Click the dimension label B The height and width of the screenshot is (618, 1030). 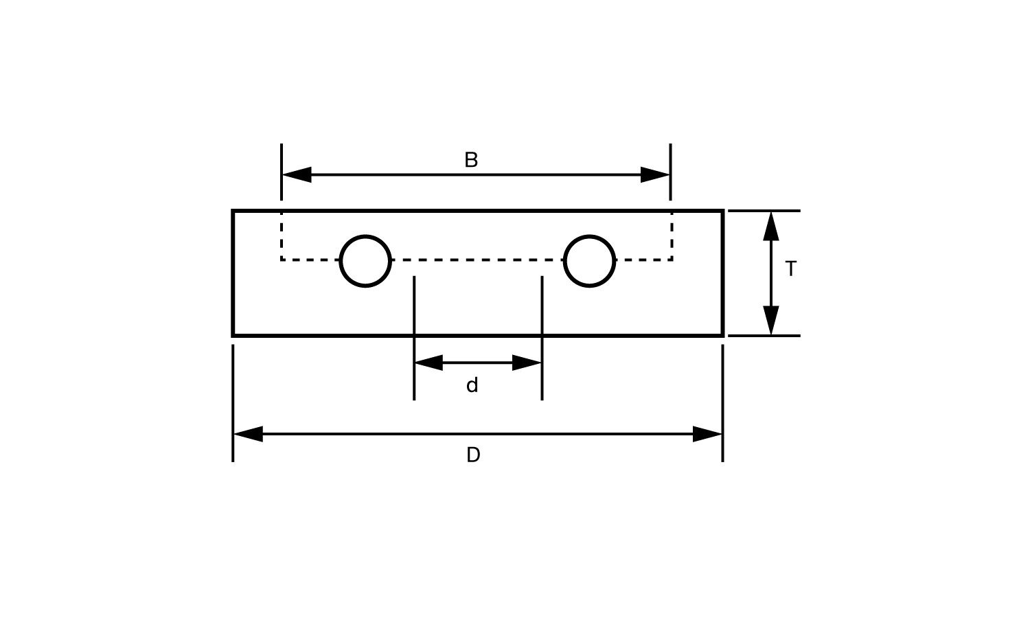coord(471,160)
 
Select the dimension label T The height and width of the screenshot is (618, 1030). coord(790,269)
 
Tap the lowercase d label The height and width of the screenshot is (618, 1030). coord(472,386)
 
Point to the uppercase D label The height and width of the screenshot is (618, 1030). coord(473,455)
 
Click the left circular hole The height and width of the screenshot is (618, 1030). coord(365,261)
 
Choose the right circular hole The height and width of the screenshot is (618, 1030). coord(589,261)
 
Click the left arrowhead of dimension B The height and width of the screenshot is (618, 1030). coord(297,175)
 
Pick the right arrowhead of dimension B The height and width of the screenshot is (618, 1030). coord(655,175)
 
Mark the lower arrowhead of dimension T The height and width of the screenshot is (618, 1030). coord(771,321)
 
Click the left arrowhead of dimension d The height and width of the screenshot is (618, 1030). coord(428,363)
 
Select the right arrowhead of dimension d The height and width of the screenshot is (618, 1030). coord(527,363)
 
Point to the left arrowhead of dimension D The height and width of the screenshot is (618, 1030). coord(248,434)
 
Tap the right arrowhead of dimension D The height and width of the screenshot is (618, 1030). coord(708,434)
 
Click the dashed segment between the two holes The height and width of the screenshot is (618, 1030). coord(477,260)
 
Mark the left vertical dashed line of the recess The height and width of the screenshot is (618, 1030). coord(282,237)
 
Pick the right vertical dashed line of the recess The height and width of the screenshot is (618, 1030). coord(672,237)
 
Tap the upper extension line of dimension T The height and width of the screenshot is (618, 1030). coord(764,211)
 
